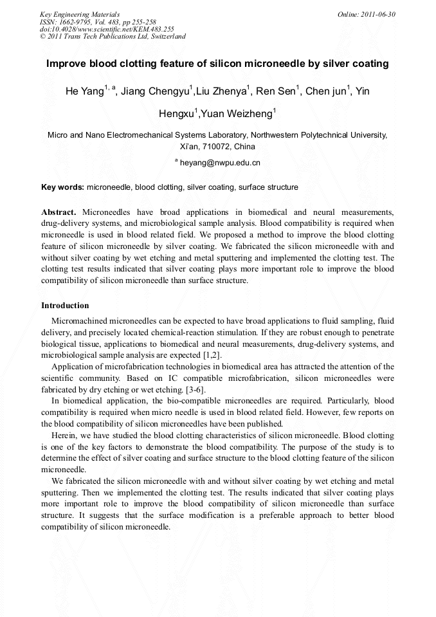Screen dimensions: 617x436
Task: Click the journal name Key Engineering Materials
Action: (80, 14)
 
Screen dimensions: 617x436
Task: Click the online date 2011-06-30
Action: (366, 14)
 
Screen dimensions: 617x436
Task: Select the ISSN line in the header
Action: (98, 22)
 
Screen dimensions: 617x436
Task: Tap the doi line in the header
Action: (107, 29)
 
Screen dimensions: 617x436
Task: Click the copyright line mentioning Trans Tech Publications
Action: (113, 37)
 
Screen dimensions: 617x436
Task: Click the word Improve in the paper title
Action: (66, 64)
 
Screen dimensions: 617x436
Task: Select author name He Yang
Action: (84, 91)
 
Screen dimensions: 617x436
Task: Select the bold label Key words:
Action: (62, 187)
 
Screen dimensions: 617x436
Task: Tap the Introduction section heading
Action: (65, 305)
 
